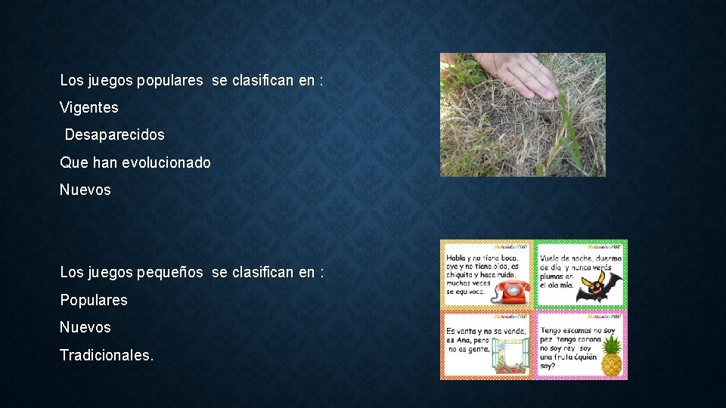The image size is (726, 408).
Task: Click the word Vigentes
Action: (x=89, y=107)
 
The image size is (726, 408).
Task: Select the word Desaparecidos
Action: (x=114, y=134)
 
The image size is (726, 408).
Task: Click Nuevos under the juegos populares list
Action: (x=85, y=190)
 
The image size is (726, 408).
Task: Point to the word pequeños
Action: (x=170, y=272)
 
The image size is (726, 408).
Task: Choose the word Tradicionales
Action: (x=106, y=354)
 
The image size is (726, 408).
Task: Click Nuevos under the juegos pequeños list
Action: (x=85, y=327)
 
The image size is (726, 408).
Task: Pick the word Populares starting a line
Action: (x=94, y=300)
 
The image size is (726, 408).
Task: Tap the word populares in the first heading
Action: (x=170, y=80)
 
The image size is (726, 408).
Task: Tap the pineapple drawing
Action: (x=611, y=357)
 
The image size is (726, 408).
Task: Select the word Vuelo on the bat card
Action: (x=552, y=258)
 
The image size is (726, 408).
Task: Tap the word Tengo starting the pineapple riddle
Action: (x=553, y=330)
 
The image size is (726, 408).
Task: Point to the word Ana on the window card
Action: (x=462, y=340)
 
